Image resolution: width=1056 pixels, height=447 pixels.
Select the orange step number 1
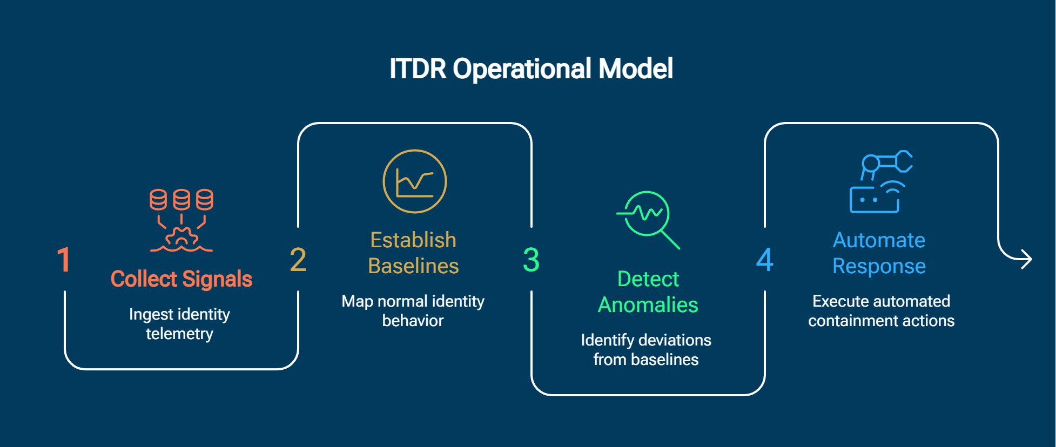[x=64, y=260]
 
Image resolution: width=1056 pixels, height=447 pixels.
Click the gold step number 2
[x=298, y=260]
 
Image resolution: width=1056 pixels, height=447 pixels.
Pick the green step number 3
[x=531, y=260]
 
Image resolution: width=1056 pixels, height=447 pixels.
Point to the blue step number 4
[x=764, y=260]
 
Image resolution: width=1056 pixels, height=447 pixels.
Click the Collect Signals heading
[x=181, y=279]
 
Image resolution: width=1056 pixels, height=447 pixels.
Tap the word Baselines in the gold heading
[x=413, y=266]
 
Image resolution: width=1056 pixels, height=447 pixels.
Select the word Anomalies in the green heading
[x=648, y=305]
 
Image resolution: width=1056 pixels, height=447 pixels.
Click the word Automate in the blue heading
[x=879, y=240]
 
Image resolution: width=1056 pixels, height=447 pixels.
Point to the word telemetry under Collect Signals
[x=179, y=334]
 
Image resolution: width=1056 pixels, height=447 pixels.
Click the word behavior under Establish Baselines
[x=413, y=321]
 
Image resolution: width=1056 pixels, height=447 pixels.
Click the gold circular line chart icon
[x=415, y=181]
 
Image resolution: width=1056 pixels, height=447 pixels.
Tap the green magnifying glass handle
[x=670, y=240]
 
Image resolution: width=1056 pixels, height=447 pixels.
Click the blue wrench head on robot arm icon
[x=903, y=161]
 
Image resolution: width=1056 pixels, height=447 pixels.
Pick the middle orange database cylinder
[x=181, y=200]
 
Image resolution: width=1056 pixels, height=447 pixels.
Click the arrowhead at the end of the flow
[x=1027, y=259]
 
